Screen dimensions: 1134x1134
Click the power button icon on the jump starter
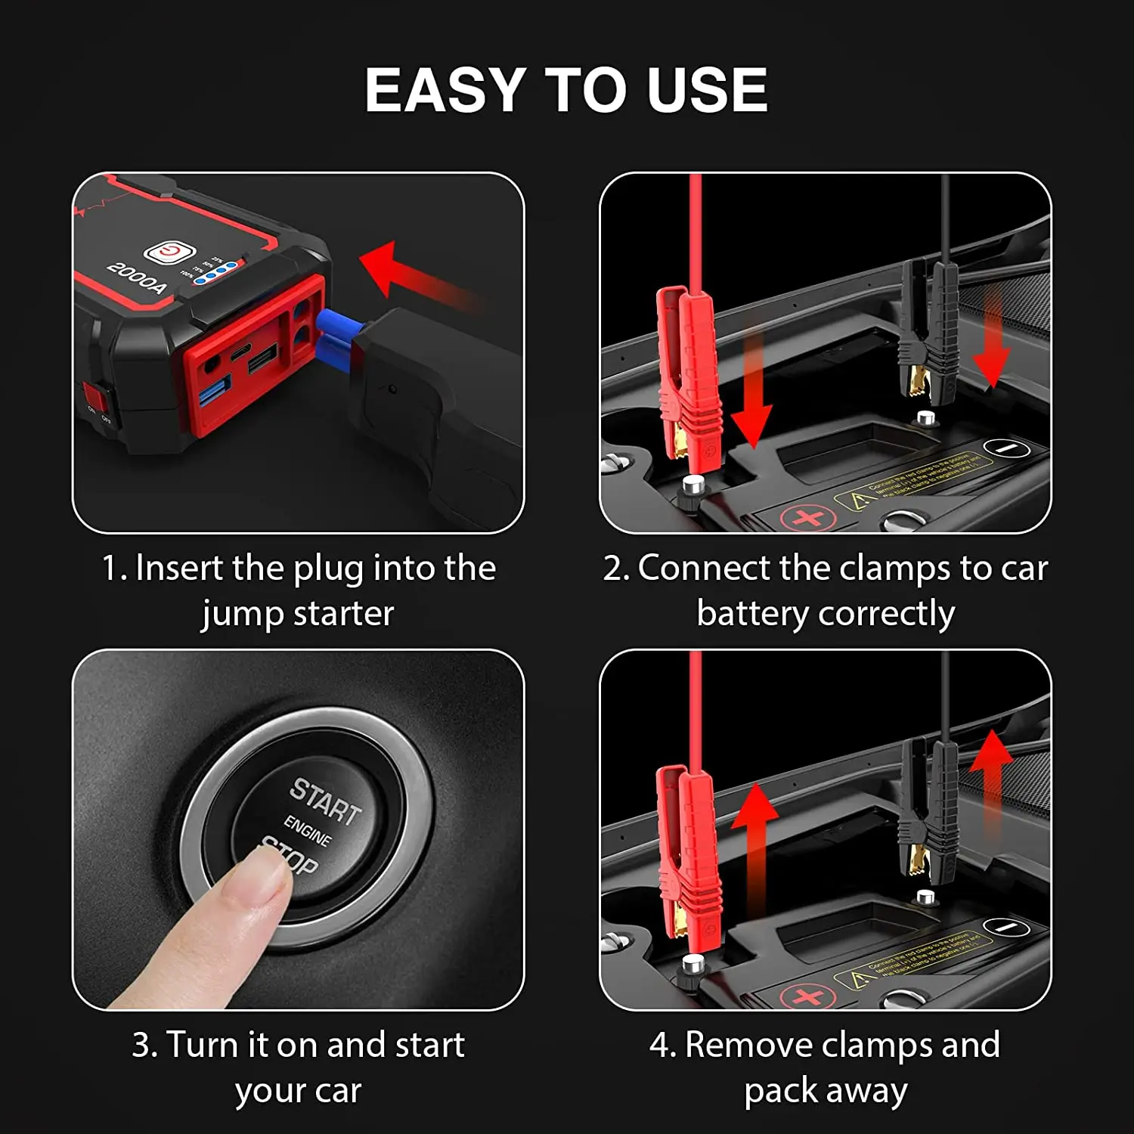pos(169,253)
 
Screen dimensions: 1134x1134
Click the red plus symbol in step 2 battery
pos(807,519)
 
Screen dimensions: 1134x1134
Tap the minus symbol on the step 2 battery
pos(1007,448)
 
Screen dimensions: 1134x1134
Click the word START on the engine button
pos(325,801)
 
